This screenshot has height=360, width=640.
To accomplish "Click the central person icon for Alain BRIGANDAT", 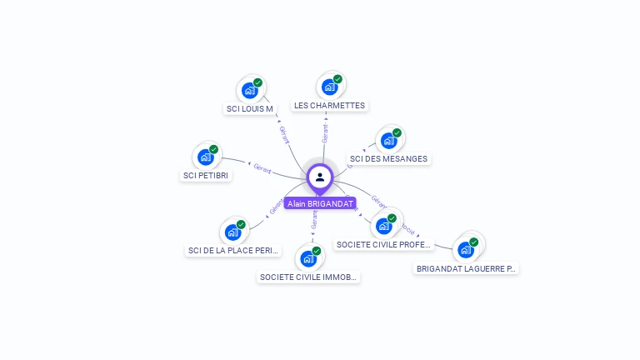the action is [x=320, y=177].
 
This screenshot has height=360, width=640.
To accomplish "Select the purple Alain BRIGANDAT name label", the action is [x=320, y=203].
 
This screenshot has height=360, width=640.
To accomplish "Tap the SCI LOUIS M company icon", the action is [x=248, y=91].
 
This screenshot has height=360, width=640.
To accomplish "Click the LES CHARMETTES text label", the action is [x=329, y=106].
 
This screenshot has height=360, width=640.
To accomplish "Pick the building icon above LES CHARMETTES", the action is [x=329, y=87].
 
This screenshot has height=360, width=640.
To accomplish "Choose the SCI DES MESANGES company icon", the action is [x=387, y=141].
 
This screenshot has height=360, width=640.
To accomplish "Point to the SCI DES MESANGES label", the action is [x=388, y=158].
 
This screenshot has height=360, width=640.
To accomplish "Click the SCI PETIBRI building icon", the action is [x=205, y=157].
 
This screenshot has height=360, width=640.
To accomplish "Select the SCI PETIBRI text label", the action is [x=206, y=175].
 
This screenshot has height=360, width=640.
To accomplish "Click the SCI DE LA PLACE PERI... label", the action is [x=233, y=250].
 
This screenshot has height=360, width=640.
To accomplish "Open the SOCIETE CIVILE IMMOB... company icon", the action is [x=308, y=258].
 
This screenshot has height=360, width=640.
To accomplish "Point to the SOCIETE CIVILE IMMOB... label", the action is [x=308, y=277].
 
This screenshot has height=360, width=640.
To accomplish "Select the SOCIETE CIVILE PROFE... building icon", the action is [x=384, y=225].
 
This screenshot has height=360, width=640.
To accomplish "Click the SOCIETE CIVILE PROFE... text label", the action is [x=384, y=244].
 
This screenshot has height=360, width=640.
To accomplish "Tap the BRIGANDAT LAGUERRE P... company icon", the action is [x=466, y=249].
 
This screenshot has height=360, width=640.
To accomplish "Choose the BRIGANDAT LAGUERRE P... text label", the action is [x=466, y=268].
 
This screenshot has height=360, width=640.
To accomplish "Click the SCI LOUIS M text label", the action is [x=250, y=108].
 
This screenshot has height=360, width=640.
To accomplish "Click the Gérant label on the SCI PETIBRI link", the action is [x=262, y=167].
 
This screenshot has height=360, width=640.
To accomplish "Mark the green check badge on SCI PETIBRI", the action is [x=213, y=149].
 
